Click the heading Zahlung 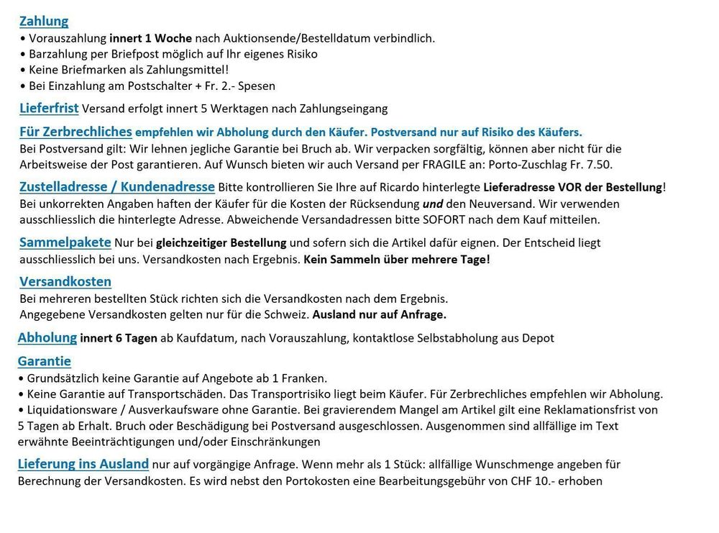point(44,21)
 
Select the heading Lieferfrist point(49,109)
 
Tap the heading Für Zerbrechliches point(75,132)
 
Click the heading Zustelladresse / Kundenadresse point(116,187)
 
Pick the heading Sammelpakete point(65,242)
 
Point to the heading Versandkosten point(65,281)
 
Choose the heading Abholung point(47,337)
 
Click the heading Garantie point(45,361)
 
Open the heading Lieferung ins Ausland point(83,464)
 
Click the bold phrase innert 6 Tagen point(119,338)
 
